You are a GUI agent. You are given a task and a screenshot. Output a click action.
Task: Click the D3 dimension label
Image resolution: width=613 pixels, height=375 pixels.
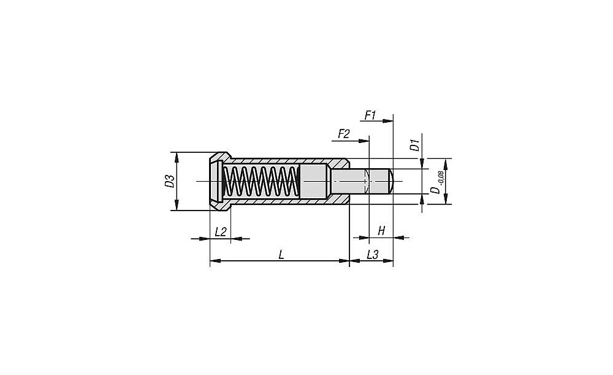click(170, 181)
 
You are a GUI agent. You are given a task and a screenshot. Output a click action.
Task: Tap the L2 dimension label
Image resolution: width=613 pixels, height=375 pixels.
click(221, 232)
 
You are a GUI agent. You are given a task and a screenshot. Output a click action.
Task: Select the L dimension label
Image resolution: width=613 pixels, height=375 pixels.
click(281, 255)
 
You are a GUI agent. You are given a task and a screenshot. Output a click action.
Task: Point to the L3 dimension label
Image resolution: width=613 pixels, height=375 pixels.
click(372, 255)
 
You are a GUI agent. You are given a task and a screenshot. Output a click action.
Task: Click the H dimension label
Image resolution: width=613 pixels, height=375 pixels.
click(381, 231)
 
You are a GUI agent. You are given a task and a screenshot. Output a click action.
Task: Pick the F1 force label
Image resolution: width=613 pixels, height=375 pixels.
click(371, 115)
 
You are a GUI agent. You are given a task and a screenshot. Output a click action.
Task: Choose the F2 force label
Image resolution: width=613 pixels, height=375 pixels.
click(343, 134)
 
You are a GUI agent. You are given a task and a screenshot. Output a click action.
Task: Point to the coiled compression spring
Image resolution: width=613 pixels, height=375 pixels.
click(261, 181)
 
